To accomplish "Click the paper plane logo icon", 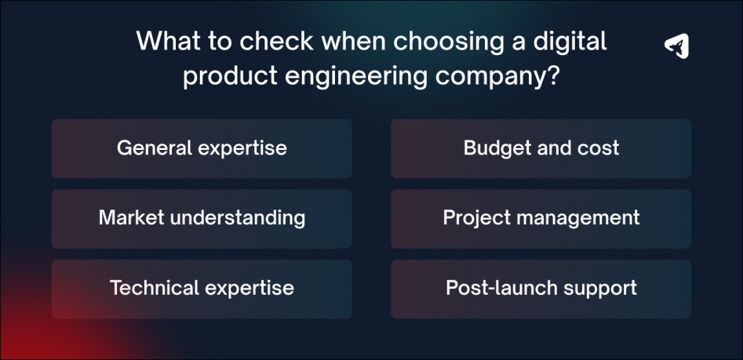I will pyautogui.click(x=676, y=46).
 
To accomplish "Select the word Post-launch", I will pyautogui.click(x=491, y=288).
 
